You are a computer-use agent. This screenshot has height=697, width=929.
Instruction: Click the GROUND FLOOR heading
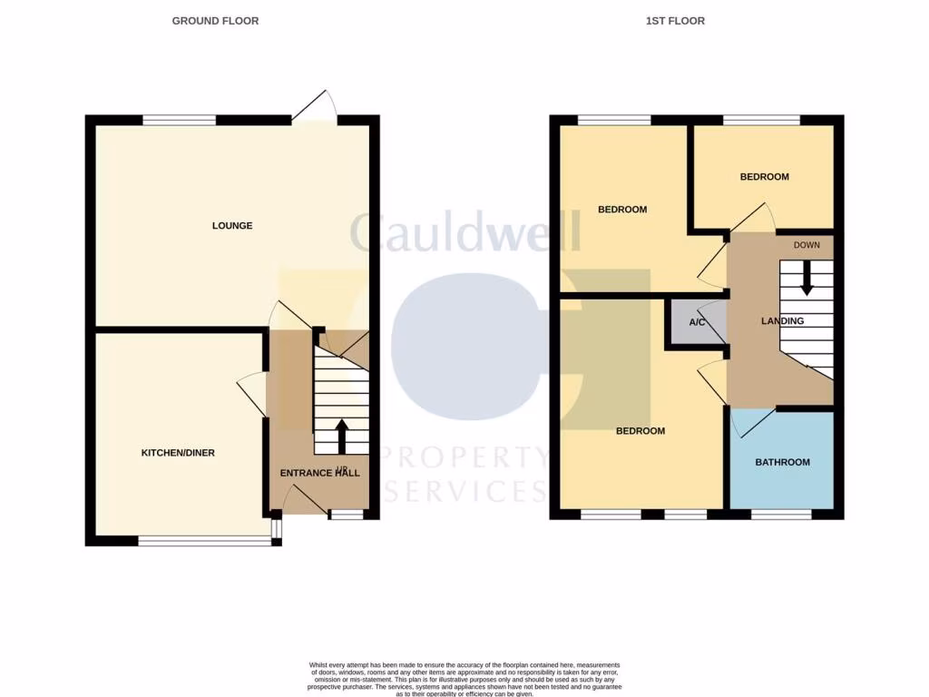click(x=215, y=21)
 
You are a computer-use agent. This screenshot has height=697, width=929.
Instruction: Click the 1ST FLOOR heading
click(x=675, y=21)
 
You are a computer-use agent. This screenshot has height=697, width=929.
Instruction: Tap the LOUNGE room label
click(x=232, y=226)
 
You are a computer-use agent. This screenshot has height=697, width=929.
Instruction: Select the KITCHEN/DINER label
click(x=178, y=453)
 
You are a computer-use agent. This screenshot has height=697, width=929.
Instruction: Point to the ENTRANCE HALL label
click(x=319, y=473)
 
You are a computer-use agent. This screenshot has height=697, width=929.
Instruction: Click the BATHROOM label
click(x=783, y=463)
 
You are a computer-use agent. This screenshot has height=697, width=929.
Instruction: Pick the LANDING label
click(x=782, y=321)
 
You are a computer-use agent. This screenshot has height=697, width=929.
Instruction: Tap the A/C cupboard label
click(x=698, y=323)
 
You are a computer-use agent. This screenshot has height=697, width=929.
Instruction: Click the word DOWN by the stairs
click(x=807, y=245)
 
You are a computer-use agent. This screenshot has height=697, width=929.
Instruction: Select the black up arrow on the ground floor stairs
click(x=342, y=436)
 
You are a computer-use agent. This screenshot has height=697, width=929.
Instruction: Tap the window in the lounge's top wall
click(x=180, y=120)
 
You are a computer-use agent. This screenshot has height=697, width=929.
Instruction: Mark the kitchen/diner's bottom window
click(x=205, y=542)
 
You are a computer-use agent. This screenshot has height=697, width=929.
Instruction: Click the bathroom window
click(x=781, y=515)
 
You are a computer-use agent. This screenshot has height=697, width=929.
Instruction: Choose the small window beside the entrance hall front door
click(x=346, y=515)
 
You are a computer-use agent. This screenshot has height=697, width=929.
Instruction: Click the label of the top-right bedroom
click(x=764, y=177)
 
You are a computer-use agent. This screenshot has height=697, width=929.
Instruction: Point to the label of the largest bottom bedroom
click(x=641, y=431)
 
